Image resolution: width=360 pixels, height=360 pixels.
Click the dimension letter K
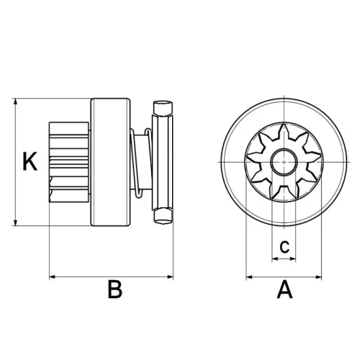[29, 161]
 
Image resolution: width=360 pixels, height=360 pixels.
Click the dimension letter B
[114, 290]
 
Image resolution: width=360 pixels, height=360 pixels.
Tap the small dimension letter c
[285, 247]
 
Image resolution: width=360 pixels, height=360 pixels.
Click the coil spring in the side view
[142, 162]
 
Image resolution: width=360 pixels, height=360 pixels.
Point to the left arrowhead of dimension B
[53, 276]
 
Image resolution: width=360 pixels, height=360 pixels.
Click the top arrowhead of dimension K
[16, 102]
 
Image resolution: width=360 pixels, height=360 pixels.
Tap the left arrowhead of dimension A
[250, 276]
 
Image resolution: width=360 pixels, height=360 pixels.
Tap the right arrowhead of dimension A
[322, 276]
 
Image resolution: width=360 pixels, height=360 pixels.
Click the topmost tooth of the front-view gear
[286, 128]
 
